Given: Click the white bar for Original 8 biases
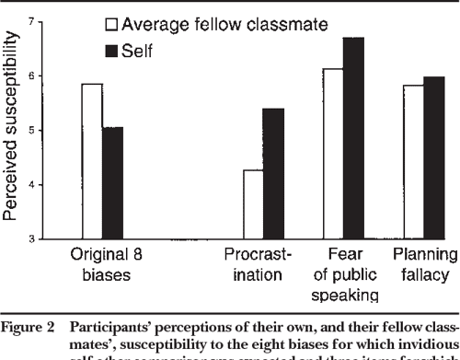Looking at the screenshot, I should point(91,161).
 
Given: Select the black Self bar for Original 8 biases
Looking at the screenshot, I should point(112,183).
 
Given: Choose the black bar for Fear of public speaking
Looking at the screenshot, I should point(353,138).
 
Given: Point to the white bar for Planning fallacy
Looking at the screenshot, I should point(412,162).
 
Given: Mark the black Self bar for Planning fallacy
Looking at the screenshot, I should point(433,158).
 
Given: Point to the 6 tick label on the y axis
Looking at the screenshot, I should point(35,75).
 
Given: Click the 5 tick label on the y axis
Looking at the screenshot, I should point(35,130).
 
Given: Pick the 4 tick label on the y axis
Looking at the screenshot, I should point(35,185).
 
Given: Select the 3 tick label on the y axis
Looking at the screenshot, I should point(35,239).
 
